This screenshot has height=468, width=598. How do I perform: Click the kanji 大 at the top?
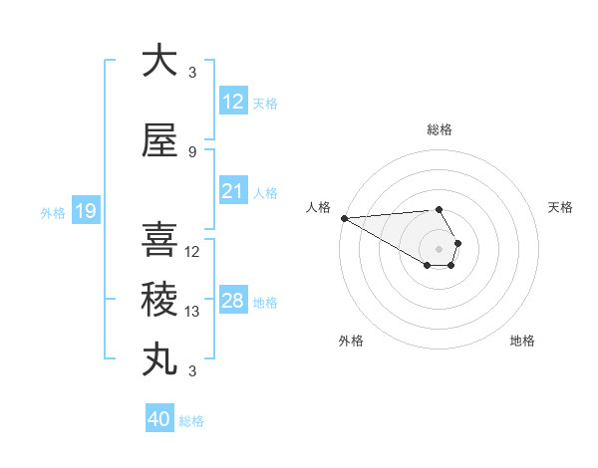coord(159,61)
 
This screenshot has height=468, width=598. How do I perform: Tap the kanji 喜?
coord(159,239)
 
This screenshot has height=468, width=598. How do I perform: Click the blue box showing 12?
coord(233,102)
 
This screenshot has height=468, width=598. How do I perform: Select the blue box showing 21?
coord(233,191)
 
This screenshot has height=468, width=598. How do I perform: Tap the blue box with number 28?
coord(233,301)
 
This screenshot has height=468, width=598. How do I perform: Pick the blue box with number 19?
coord(85,211)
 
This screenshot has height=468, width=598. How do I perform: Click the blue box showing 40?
coord(159,419)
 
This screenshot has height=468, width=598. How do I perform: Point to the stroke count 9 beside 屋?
coord(192,152)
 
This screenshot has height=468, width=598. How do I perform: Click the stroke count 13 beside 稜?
coord(192,312)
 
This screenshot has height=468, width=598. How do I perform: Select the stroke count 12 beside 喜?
coord(192,252)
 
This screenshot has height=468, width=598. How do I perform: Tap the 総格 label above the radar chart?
coord(439,129)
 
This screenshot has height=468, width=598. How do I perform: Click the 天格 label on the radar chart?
coord(561,207)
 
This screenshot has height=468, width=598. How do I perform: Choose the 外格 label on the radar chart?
coord(351,341)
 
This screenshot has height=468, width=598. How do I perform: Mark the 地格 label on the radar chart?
coord(522,341)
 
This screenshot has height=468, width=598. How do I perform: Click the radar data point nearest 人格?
coord(344,218)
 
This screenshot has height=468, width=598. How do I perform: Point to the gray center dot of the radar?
coord(439,248)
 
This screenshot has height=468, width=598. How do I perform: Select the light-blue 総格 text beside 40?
coord(192,421)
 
